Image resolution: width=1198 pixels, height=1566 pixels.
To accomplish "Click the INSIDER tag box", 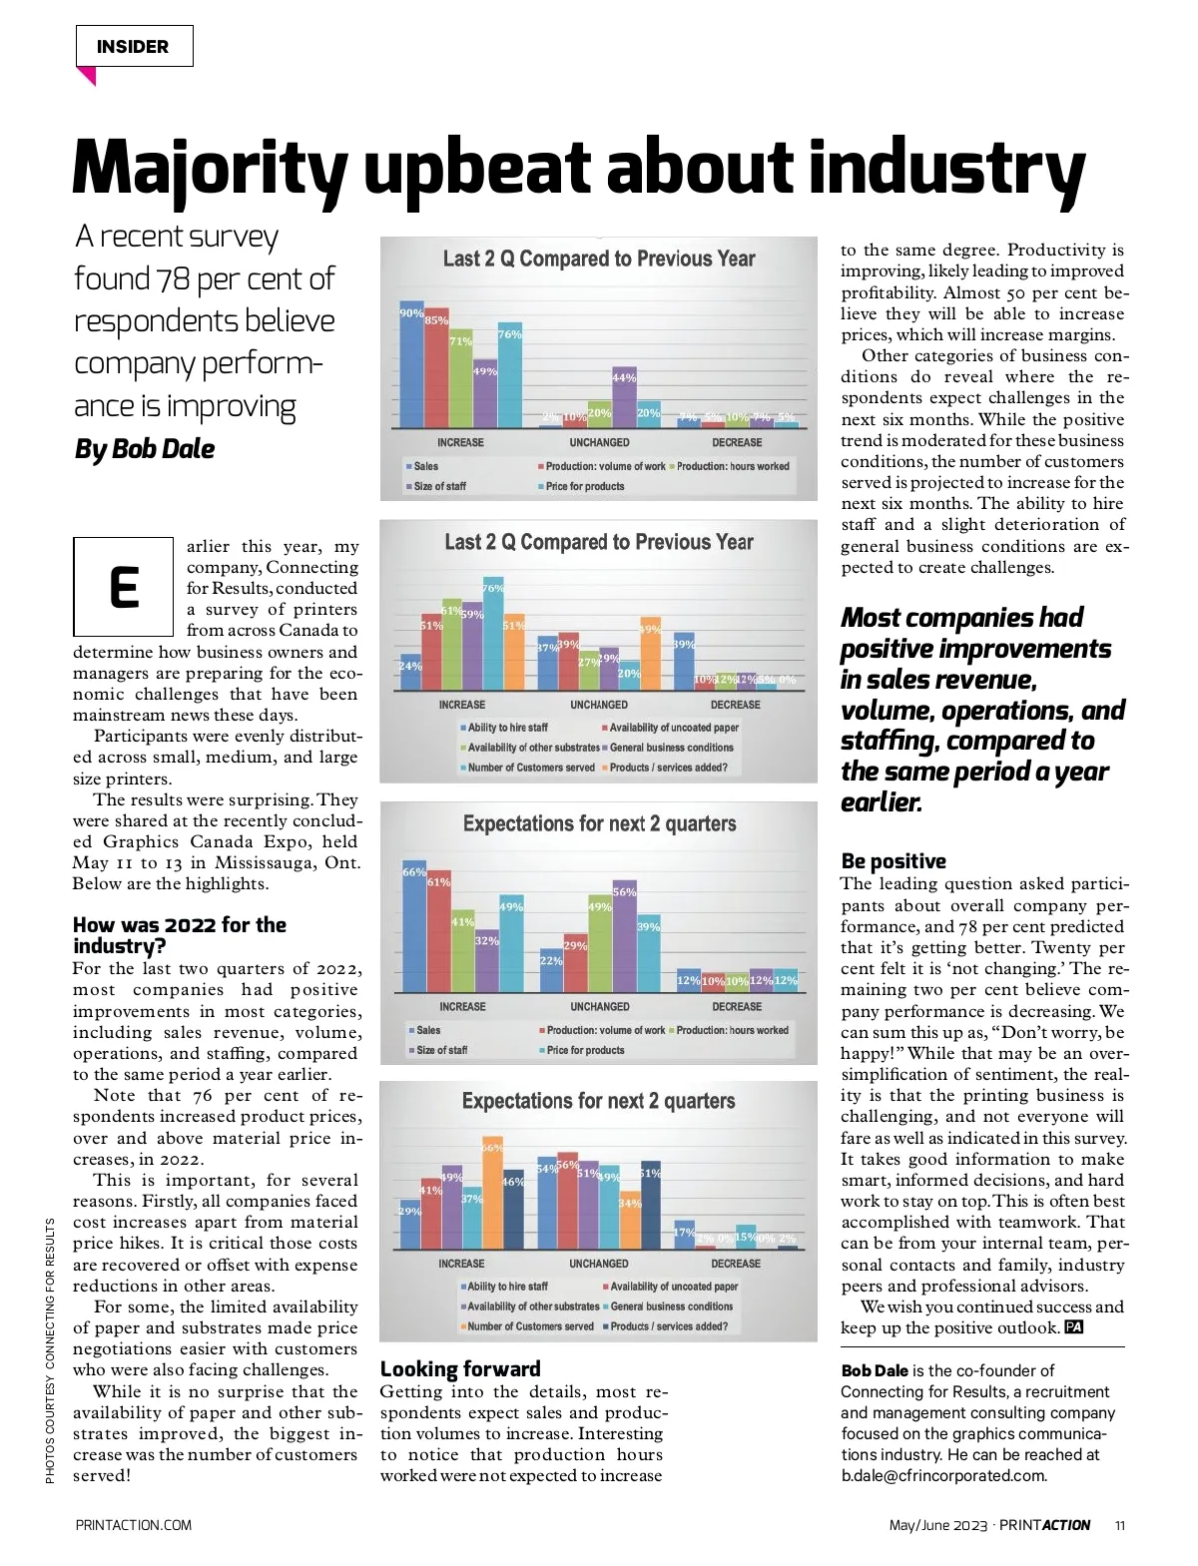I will point(134,47).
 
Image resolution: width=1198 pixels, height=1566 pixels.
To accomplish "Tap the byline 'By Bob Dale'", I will point(145,449).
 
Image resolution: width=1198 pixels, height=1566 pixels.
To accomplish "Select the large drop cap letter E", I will point(123,587).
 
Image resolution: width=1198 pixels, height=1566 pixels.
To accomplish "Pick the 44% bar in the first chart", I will point(624,397).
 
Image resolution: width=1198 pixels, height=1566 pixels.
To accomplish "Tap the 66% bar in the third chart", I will point(413,927).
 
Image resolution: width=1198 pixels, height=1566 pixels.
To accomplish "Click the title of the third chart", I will point(599,824).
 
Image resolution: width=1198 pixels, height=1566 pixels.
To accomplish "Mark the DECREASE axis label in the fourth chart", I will point(736,1264).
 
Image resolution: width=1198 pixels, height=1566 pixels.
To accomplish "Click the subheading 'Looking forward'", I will point(460,1369).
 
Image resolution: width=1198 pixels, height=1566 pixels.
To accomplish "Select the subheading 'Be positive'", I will point(894,861).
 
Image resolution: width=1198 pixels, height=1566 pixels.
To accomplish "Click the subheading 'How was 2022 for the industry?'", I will point(180,935).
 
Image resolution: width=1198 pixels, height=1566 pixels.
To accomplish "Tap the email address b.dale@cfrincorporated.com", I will point(943,1476).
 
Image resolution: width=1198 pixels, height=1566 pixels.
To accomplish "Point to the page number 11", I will point(1120,1525).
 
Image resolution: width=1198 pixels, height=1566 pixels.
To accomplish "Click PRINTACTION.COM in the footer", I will point(134,1525).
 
